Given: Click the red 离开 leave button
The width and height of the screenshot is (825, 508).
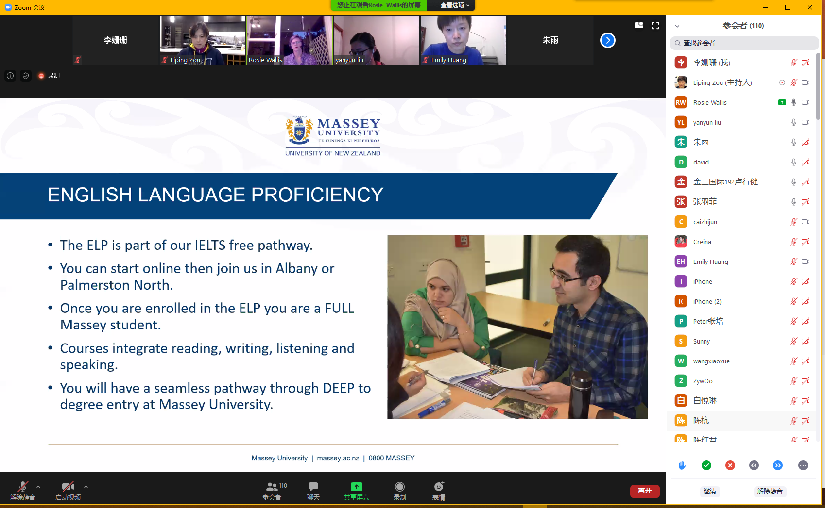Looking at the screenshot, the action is (645, 491).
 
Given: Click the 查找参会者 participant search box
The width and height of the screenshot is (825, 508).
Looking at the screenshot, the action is (744, 43).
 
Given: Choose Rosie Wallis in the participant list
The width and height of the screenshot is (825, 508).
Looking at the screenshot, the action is (710, 103).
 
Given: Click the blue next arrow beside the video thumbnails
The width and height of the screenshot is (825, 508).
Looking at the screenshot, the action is (608, 40).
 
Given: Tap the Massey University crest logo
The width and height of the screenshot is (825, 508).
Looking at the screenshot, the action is (299, 131).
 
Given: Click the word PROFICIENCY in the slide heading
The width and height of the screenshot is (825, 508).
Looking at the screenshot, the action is (317, 195).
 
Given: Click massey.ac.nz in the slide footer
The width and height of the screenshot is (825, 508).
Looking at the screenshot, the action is (338, 458).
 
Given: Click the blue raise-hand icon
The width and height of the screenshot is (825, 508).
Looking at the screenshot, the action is (682, 465).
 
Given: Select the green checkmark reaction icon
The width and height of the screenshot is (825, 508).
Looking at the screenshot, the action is (706, 465).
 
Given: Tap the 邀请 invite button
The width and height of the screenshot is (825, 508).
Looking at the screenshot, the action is (710, 491).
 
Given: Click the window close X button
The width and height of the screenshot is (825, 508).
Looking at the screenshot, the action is (809, 7).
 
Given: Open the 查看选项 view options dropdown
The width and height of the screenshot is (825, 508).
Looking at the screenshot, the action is (455, 5).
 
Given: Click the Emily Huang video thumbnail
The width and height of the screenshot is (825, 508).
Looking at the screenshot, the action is (464, 40).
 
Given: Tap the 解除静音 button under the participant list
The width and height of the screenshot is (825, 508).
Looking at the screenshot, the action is (770, 491).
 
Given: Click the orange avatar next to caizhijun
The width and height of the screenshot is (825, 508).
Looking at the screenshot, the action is (681, 222).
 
